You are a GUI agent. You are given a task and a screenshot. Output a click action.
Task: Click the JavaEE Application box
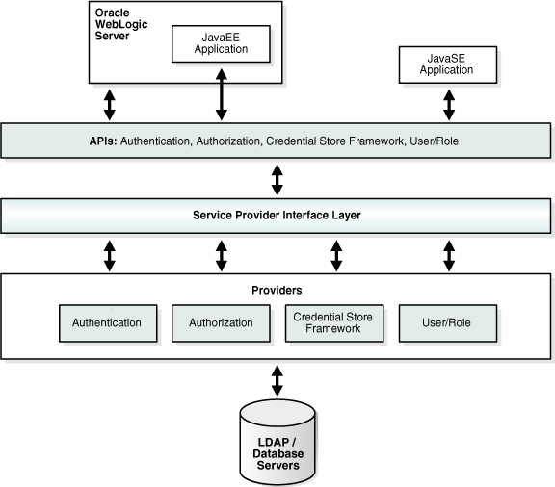(x=221, y=42)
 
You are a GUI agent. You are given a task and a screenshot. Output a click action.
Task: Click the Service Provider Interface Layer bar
(x=277, y=216)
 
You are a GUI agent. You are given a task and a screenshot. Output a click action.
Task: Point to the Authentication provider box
(x=107, y=322)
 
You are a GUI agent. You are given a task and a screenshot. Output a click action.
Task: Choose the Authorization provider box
(x=221, y=322)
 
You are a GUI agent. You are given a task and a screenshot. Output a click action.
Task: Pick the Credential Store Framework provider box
(x=334, y=322)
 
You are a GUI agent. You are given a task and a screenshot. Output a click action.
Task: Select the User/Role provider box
(x=448, y=322)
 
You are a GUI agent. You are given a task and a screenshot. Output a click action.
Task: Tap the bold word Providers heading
(x=277, y=289)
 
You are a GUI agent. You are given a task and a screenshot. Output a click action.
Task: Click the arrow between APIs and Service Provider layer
(x=278, y=178)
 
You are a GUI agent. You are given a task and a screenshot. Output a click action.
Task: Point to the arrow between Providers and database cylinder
(x=278, y=380)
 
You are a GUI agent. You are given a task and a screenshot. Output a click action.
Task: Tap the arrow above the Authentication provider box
(x=109, y=254)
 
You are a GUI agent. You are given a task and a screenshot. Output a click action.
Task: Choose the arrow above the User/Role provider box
(x=449, y=254)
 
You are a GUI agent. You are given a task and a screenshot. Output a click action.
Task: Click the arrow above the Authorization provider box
(x=222, y=254)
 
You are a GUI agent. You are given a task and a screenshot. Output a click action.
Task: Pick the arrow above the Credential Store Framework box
(x=335, y=254)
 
